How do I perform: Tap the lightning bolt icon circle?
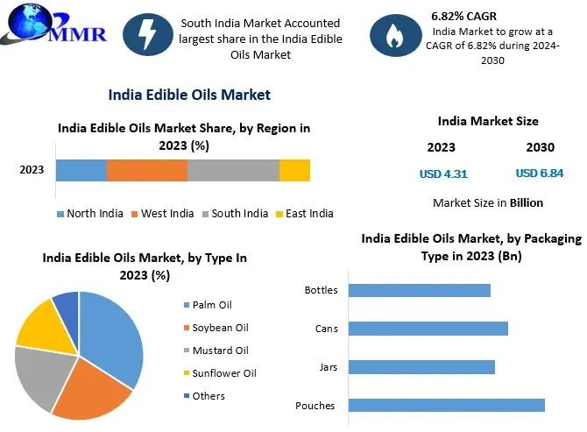[x=147, y=35]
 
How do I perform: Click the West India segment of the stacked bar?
[x=146, y=170]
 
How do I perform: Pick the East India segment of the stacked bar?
[x=294, y=170]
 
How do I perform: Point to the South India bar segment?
[x=233, y=170]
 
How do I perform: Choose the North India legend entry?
[x=90, y=213]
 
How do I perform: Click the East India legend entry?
[x=304, y=213]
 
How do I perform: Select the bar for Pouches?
[x=446, y=405]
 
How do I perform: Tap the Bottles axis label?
[x=321, y=290]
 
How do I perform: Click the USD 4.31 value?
[x=443, y=174]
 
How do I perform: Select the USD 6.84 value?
[x=540, y=174]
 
